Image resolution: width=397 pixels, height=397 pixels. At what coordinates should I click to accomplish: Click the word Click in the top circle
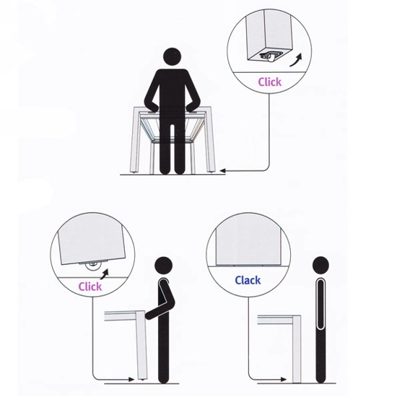[x=270, y=82]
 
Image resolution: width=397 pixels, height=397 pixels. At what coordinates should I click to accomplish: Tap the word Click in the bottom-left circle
[x=90, y=287]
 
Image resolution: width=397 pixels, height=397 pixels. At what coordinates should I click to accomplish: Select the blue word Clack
[x=248, y=280]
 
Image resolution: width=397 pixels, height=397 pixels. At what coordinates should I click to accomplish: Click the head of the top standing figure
[x=173, y=58]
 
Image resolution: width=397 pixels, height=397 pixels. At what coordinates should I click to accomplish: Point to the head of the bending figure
[x=163, y=266]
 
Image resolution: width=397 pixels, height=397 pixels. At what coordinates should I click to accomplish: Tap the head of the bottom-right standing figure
[x=320, y=266]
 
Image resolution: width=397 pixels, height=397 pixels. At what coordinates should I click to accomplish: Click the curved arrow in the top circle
[x=296, y=60]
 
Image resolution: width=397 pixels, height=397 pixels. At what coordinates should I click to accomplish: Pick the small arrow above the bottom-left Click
[x=105, y=274]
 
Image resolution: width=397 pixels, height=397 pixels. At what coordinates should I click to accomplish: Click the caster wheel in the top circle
[x=269, y=57]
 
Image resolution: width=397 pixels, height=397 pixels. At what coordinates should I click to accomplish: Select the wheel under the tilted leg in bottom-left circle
[x=92, y=266]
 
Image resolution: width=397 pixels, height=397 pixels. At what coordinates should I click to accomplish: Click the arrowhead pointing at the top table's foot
[x=222, y=171]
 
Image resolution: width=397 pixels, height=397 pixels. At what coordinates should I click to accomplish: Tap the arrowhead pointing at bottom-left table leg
[x=131, y=379]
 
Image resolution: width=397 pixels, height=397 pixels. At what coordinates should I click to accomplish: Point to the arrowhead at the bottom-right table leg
[x=284, y=379]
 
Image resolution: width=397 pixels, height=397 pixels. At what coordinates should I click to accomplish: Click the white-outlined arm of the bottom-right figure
[x=320, y=304]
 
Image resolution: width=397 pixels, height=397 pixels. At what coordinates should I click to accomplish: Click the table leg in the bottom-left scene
[x=141, y=345]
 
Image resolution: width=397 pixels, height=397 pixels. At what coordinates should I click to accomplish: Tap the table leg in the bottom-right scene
[x=297, y=349]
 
